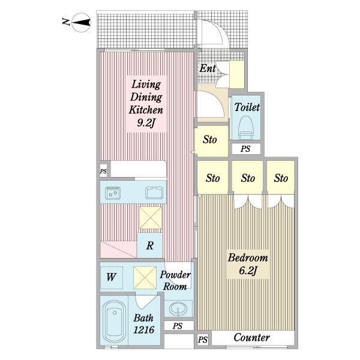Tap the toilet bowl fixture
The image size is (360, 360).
[x=245, y=128]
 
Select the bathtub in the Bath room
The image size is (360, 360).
[x=114, y=321]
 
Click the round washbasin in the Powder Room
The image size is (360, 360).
[x=178, y=308]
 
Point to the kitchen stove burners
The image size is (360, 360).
[x=113, y=193]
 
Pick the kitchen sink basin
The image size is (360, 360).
[x=154, y=193]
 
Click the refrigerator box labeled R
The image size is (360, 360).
[x=150, y=245]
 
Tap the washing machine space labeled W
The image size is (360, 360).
[x=112, y=277]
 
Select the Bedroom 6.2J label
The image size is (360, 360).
[x=248, y=264]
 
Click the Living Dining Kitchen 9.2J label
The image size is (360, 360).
[x=146, y=104]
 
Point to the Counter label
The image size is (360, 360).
[x=251, y=337]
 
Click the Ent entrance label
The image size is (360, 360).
[x=208, y=68]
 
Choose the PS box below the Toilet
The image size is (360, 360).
[x=246, y=149]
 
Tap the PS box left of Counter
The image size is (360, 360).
[x=203, y=340]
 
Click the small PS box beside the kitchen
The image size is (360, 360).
[x=103, y=171]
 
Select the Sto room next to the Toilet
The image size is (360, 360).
[x=211, y=140]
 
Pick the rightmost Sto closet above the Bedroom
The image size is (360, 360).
[x=281, y=178]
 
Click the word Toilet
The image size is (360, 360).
[x=247, y=107]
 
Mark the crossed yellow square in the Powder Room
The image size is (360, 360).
[x=145, y=277]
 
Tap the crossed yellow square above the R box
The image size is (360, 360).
[x=151, y=218]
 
